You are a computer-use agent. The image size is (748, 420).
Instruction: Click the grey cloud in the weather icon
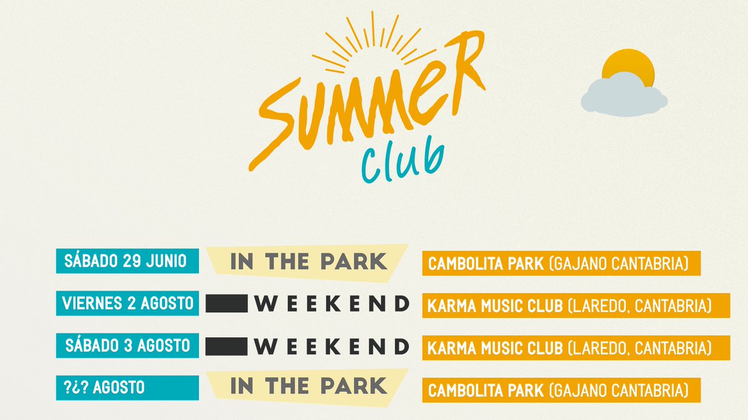pos(623,96)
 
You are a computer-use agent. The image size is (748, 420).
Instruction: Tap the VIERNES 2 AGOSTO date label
pos(127,304)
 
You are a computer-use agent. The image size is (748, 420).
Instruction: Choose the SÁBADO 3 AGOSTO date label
pos(127,345)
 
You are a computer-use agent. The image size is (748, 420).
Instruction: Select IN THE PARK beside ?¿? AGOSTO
pos(309,386)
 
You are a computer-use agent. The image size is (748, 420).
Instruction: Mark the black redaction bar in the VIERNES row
pos(227,304)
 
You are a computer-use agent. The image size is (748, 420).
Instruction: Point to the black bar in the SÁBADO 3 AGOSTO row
pos(227,346)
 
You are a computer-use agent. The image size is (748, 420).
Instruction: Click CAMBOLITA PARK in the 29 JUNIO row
pos(486,264)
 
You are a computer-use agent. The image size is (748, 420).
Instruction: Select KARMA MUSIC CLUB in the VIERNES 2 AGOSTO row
pos(496,306)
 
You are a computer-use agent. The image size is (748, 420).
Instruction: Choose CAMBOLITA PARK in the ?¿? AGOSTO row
pos(486,391)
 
